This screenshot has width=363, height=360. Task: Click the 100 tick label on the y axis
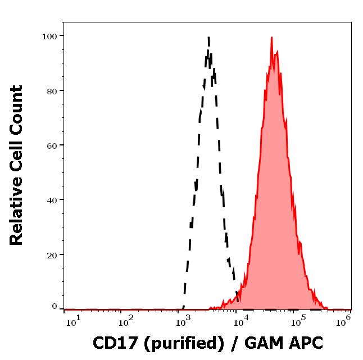tap(49, 36)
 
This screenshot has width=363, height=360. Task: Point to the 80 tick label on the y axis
tap(52, 90)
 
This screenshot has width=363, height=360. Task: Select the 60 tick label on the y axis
tap(52, 145)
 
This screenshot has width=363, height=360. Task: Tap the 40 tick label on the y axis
tap(52, 200)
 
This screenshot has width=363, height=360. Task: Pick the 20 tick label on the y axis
tap(52, 255)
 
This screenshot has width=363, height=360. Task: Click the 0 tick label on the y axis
tap(55, 307)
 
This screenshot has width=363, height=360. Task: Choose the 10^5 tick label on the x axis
tap(298, 320)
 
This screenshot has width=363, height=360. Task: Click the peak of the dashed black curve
tap(208, 37)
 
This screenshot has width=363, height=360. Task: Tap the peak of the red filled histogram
tap(271, 38)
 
